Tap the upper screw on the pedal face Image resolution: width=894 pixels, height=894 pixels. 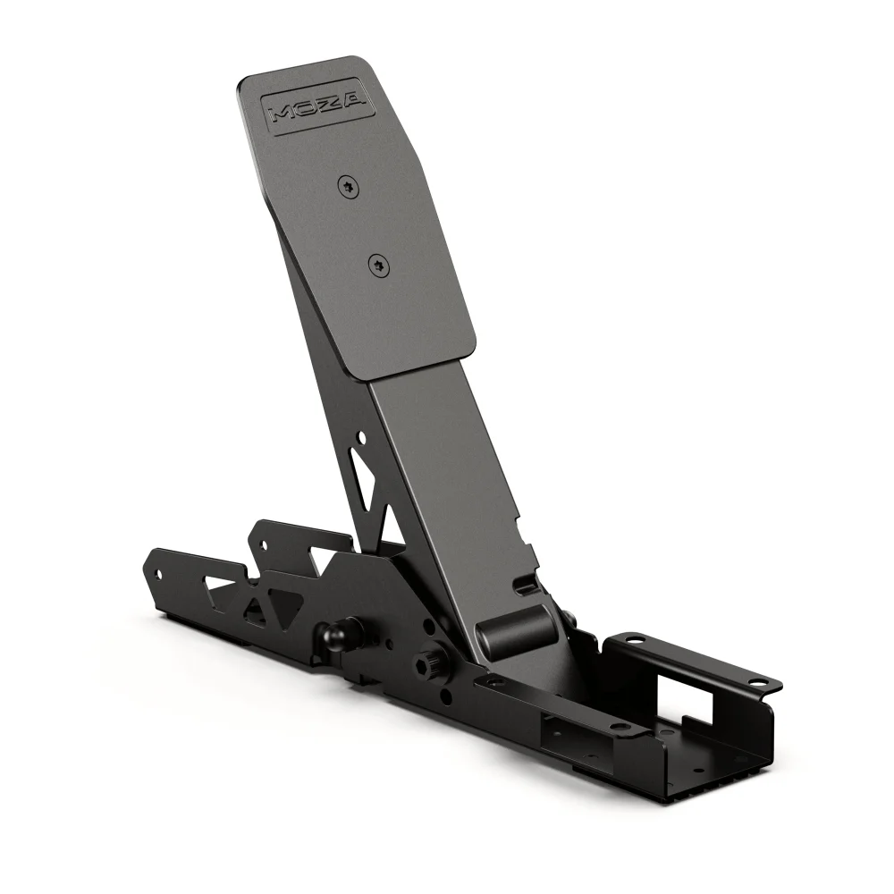347,185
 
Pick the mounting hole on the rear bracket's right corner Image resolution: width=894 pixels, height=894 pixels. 760,681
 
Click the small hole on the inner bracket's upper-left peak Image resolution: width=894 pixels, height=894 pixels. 263,542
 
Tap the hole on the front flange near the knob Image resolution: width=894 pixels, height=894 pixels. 491,683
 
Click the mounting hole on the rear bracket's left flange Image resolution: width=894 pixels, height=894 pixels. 634,640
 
